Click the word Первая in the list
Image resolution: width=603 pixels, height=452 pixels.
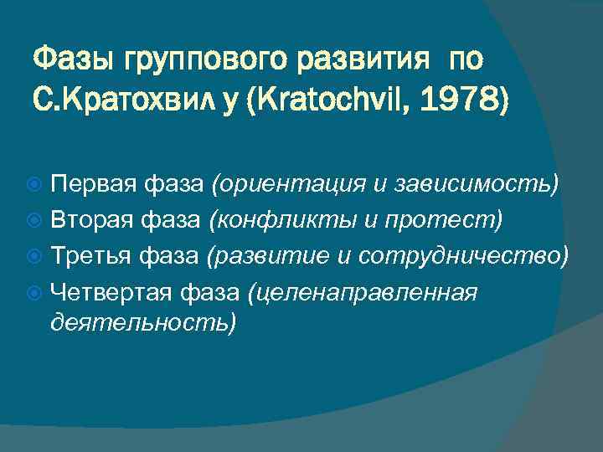pos(85,183)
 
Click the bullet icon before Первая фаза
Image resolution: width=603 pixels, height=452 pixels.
pos(37,184)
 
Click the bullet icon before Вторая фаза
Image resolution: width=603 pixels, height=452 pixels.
pos(37,219)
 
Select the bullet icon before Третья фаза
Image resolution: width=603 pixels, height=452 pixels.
pos(37,254)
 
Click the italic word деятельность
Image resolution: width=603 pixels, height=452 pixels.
pos(142,323)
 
